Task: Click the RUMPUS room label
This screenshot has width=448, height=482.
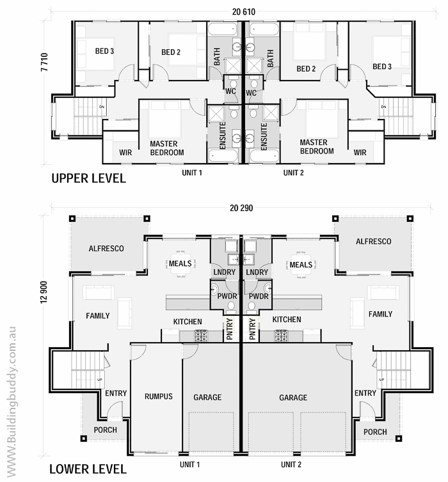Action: coord(158,397)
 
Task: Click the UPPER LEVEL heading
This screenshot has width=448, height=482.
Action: coord(88,179)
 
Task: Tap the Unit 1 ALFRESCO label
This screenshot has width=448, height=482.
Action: coord(106,249)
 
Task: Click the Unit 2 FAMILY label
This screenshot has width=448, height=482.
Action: coord(380,315)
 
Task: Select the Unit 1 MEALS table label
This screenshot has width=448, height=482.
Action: coord(179,264)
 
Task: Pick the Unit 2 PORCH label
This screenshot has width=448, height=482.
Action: coord(375,431)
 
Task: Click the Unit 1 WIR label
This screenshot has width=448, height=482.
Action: coord(125,153)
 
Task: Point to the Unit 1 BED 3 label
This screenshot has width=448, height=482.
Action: coord(104,51)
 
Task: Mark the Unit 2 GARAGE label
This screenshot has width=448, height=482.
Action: coord(292,398)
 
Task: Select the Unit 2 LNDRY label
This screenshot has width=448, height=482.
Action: coord(257,272)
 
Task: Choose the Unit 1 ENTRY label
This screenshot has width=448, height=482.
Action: coord(116,393)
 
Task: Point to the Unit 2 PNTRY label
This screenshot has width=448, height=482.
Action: coord(252,329)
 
